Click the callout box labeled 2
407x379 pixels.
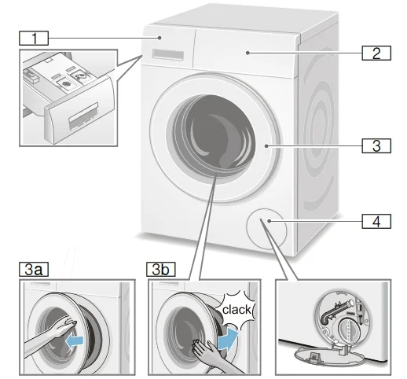pos(376,53)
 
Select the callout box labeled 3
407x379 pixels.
pos(376,145)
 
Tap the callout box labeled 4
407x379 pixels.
pos(376,222)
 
